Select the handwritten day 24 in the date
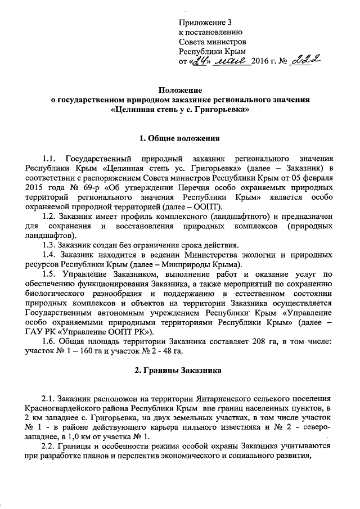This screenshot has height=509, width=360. [x=197, y=60]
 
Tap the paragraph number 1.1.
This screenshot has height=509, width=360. [x=50, y=158]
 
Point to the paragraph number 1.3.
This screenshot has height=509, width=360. [x=50, y=244]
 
